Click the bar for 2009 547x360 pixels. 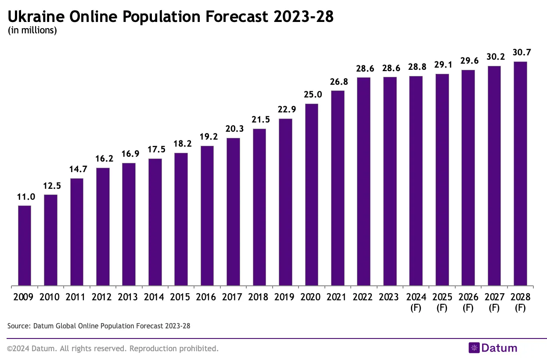click(25, 246)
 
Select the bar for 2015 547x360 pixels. click(181, 220)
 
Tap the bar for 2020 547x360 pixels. click(311, 195)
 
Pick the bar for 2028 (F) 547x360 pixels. click(520, 174)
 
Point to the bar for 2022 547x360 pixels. click(363, 182)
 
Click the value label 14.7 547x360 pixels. click(77, 169)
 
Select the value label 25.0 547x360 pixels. click(311, 95)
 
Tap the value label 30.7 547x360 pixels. click(520, 52)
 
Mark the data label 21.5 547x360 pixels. click(259, 120)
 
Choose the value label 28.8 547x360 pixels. click(416, 67)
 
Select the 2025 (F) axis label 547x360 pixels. click(442, 302)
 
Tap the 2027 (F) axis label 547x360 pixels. click(494, 302)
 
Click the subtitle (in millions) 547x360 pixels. click(32, 30)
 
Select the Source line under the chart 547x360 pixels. click(99, 326)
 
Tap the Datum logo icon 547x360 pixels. click(474, 348)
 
